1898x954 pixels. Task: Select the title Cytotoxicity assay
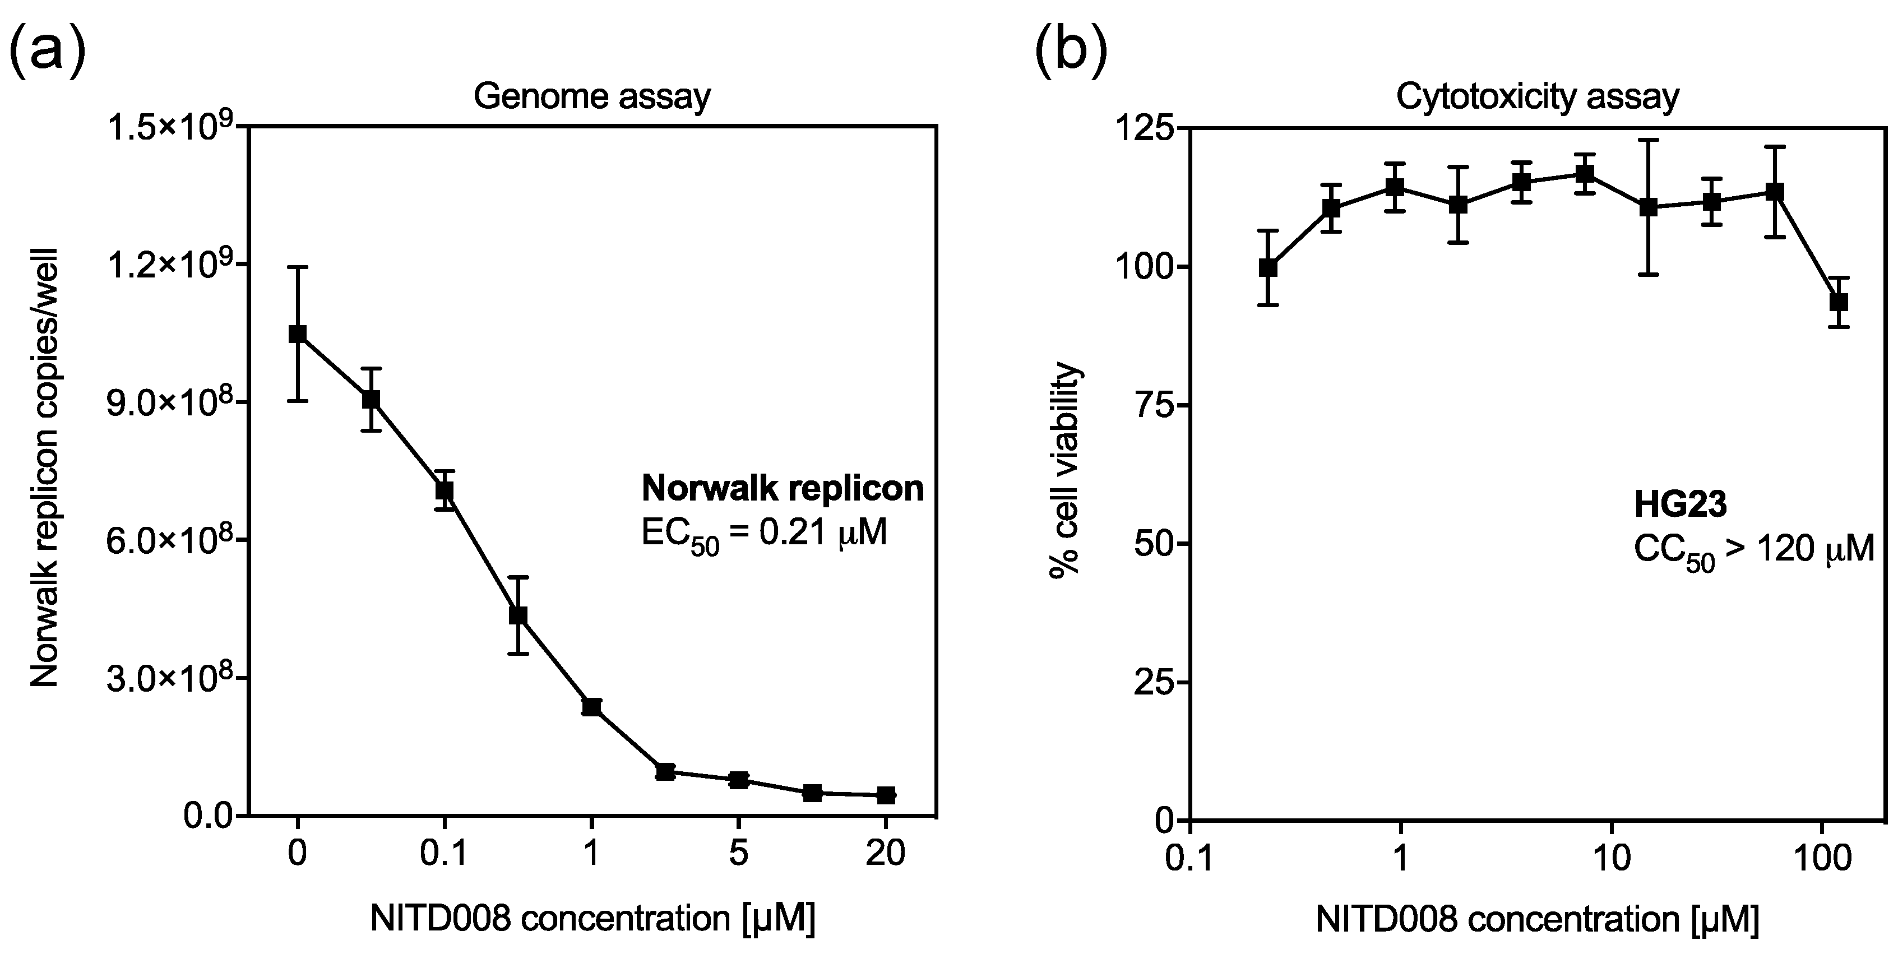click(1538, 96)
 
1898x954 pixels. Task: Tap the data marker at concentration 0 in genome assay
click(298, 334)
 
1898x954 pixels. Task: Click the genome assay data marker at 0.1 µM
click(445, 490)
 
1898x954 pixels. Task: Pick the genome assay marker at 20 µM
click(886, 795)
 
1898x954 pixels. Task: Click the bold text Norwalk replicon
click(783, 488)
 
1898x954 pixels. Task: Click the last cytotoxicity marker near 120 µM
click(1839, 302)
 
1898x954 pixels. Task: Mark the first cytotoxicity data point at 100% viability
click(1268, 267)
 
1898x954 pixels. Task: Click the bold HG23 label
click(1680, 506)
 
